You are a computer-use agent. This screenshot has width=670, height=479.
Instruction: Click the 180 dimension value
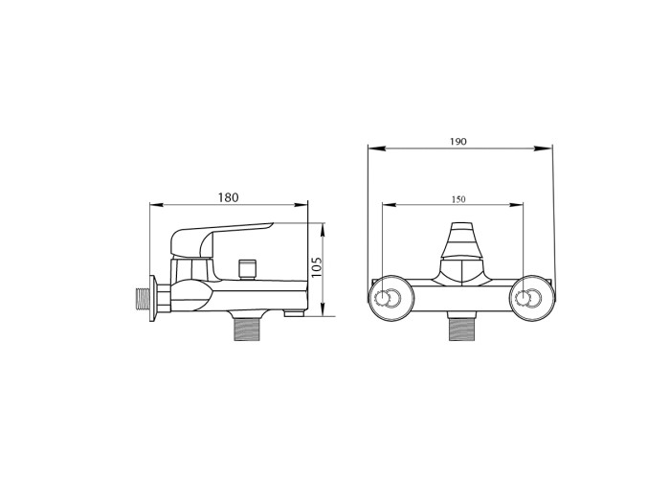(228, 197)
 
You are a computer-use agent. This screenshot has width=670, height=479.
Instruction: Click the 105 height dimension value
(317, 267)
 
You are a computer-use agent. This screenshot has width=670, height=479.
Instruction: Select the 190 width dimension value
(458, 142)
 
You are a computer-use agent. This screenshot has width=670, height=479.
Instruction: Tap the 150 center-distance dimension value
(458, 199)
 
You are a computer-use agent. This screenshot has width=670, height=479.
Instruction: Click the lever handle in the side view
(213, 239)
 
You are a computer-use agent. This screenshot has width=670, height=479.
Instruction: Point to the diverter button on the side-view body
(247, 268)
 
